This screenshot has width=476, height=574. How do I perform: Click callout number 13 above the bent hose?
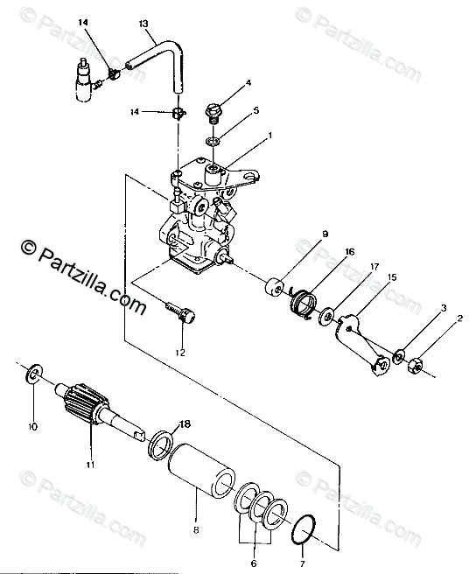tap(143, 24)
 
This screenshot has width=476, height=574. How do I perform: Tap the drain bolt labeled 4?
tap(213, 112)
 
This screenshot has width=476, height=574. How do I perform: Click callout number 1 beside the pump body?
tap(269, 136)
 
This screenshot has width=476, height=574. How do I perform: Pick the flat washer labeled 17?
tap(326, 316)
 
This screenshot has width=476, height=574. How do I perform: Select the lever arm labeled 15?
tap(360, 344)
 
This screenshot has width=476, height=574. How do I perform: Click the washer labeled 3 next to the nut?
tap(398, 356)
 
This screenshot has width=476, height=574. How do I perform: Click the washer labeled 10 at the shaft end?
tap(34, 374)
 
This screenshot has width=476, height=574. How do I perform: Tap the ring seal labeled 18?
tap(161, 446)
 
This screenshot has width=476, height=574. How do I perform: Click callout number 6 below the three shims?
tap(254, 563)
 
